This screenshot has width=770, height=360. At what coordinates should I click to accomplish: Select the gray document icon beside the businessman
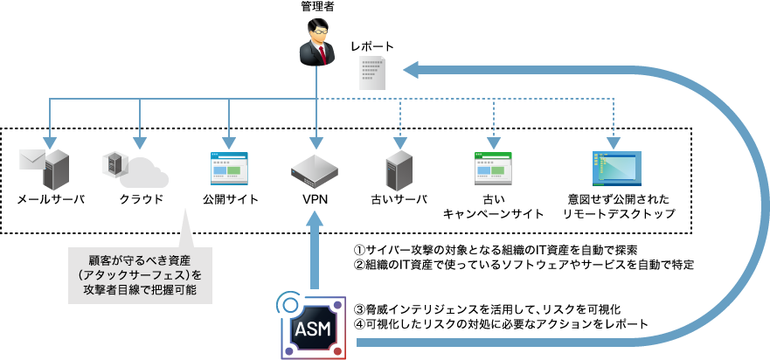(372, 72)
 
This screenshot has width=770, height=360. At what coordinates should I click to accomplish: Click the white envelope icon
(31, 159)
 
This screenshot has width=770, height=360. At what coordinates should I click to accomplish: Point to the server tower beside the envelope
(56, 170)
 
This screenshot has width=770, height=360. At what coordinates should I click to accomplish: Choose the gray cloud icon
(143, 175)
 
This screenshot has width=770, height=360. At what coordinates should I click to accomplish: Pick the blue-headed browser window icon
(229, 168)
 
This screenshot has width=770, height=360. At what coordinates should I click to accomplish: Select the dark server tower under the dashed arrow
(399, 170)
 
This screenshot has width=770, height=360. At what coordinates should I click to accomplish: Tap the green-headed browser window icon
(493, 168)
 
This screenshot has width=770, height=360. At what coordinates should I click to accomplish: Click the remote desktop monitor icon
(616, 169)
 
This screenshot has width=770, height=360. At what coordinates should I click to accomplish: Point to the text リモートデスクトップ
(617, 214)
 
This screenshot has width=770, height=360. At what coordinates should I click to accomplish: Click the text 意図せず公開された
(617, 199)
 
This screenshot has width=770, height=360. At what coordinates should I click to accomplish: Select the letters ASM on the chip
(313, 329)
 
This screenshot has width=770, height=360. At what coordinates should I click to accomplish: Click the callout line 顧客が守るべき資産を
(140, 260)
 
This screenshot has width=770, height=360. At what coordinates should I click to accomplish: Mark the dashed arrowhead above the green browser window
(493, 142)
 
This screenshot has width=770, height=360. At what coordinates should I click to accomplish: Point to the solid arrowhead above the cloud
(140, 142)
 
